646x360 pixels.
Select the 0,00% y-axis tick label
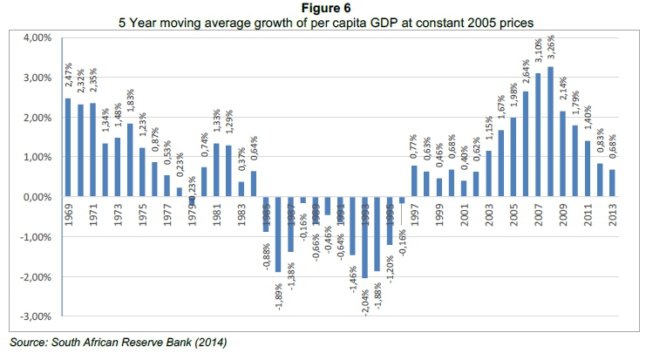(x=35, y=198)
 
